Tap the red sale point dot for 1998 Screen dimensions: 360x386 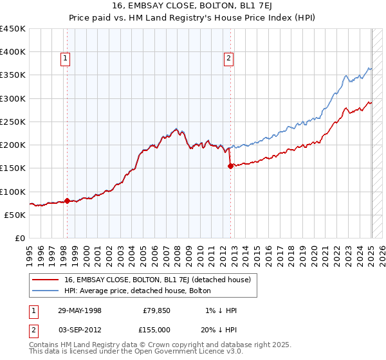click(x=67, y=201)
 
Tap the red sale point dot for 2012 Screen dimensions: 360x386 click(x=231, y=166)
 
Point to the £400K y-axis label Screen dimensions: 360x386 click(x=13, y=52)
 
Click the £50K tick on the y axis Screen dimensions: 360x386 click(x=15, y=215)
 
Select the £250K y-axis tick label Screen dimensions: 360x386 click(x=13, y=122)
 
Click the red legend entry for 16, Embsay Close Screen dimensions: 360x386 click(x=161, y=280)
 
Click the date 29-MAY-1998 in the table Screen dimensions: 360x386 click(x=80, y=310)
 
